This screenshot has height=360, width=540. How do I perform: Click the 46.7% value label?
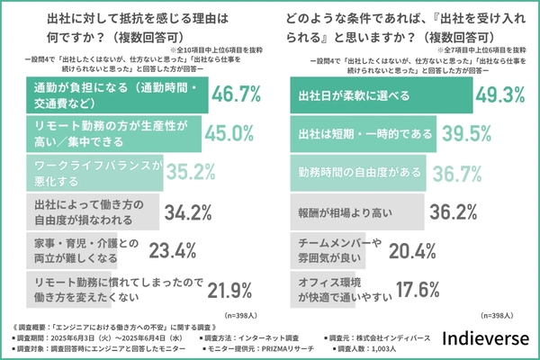234,94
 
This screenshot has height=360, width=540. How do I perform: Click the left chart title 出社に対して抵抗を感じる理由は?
135,17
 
